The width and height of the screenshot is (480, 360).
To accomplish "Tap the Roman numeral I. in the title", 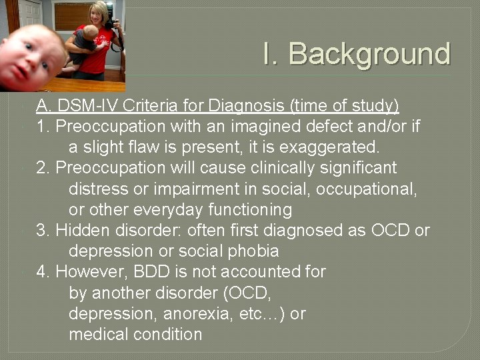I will pyautogui.click(x=271, y=54).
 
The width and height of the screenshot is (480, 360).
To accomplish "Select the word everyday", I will pyautogui.click(x=168, y=209).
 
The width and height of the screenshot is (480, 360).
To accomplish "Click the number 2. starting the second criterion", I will pyautogui.click(x=43, y=167).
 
